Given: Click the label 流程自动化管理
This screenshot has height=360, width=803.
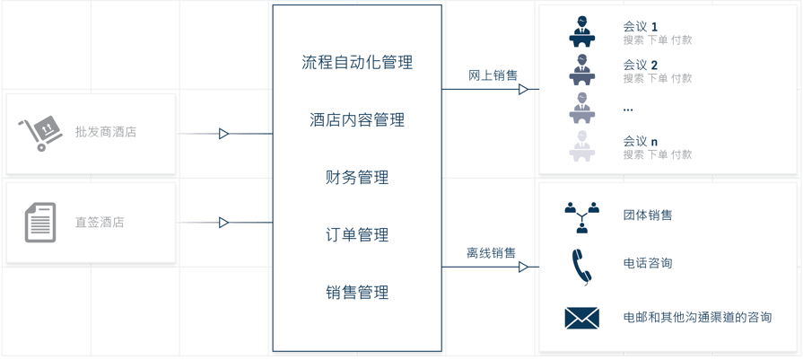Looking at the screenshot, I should tap(357, 63).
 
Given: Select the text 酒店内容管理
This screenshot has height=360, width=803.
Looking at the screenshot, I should tap(357, 120).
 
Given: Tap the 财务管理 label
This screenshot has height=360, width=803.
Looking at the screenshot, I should tap(357, 178).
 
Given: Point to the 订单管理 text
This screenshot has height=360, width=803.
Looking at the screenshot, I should tap(357, 235).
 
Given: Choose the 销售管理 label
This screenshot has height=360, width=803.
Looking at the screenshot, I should tap(357, 293).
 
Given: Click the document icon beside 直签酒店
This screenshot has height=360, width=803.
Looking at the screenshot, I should tap(39, 222).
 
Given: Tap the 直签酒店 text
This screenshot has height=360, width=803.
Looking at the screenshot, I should tap(100, 222).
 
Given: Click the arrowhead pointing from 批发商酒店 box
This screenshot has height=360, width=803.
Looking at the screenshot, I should tap(224, 134).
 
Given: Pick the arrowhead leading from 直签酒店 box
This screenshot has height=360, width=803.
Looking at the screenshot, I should tap(224, 223).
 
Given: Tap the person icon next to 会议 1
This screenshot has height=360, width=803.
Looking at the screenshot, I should tap(582, 32).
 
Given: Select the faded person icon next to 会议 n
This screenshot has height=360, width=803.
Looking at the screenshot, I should tap(582, 146).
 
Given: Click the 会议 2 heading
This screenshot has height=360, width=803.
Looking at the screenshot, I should tap(641, 65).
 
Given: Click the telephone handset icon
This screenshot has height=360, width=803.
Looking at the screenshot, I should tap(581, 266).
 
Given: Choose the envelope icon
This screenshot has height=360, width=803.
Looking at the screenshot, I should tap(581, 318).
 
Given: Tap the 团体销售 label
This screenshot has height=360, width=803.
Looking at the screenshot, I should tap(648, 215).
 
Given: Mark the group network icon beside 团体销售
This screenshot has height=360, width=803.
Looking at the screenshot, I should tap(581, 216).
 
